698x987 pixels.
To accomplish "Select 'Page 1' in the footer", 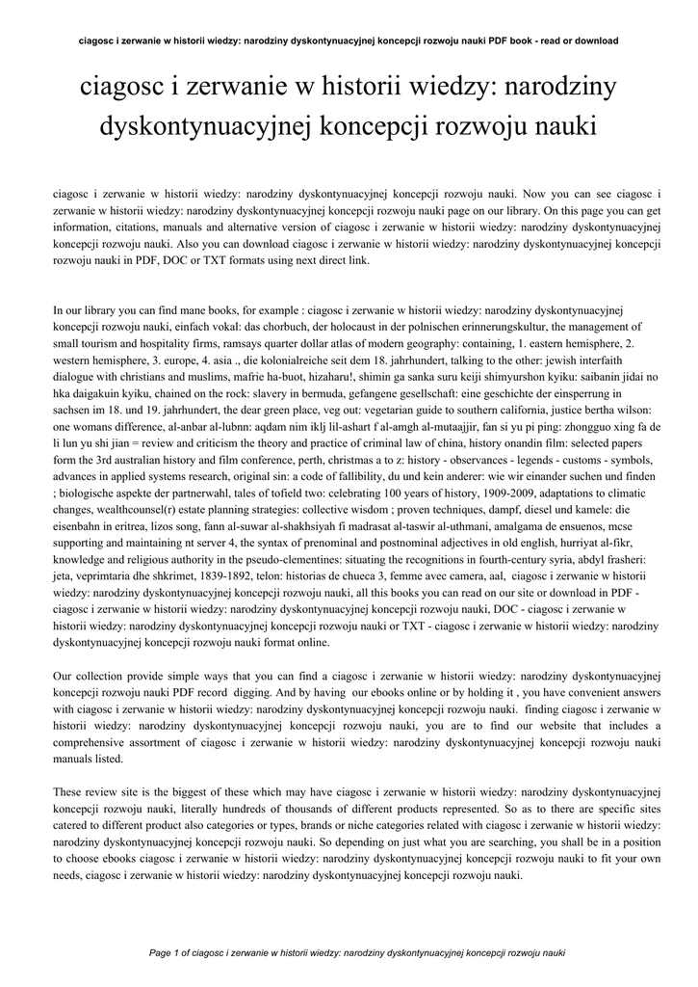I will pyautogui.click(x=169, y=952).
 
